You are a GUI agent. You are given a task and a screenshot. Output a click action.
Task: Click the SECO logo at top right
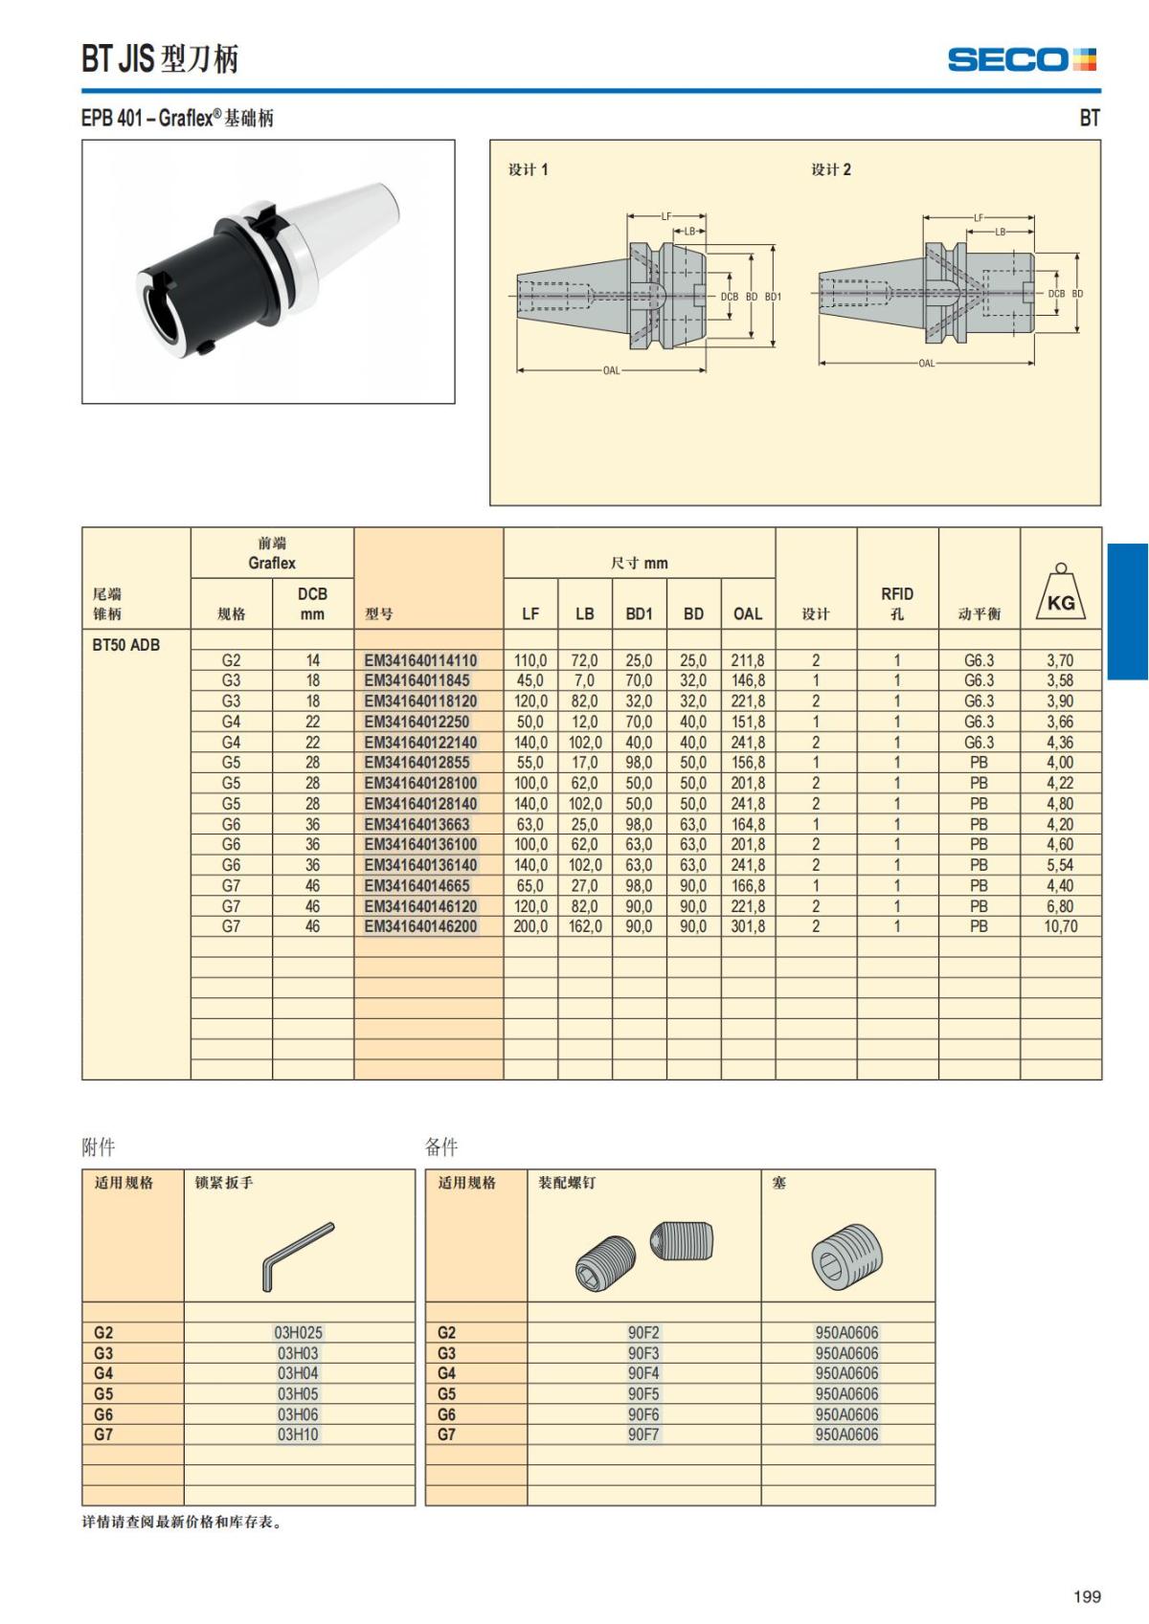[1022, 59]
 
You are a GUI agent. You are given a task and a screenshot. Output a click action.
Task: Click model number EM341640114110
[420, 660]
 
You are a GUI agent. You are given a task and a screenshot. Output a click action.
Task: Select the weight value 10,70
[1060, 926]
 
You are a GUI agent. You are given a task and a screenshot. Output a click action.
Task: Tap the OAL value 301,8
[748, 926]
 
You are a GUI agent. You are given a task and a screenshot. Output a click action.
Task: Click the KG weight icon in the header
[1060, 594]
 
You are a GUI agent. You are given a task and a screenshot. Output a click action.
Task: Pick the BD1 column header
[639, 614]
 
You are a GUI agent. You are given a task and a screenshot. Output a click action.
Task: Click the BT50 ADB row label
[125, 645]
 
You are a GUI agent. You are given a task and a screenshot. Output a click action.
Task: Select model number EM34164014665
[417, 886]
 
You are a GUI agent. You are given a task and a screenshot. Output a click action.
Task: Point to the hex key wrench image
[297, 1255]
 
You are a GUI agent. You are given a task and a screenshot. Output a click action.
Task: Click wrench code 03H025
[298, 1333]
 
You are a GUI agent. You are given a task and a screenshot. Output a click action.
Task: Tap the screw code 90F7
[643, 1435]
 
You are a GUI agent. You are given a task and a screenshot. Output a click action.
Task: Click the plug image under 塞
[846, 1255]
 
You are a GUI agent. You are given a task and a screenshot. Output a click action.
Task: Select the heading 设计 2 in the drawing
[831, 169]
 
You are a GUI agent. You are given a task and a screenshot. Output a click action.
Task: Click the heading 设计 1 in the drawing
[528, 169]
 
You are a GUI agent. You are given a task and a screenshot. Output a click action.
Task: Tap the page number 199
[1087, 1596]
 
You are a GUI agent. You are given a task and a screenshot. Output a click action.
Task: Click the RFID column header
[897, 603]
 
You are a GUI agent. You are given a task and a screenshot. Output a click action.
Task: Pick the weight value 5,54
[1060, 865]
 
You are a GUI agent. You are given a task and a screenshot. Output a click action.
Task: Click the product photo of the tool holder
[268, 272]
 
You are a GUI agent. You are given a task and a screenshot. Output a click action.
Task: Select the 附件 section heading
[99, 1146]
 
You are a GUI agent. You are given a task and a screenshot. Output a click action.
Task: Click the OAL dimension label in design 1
[611, 370]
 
